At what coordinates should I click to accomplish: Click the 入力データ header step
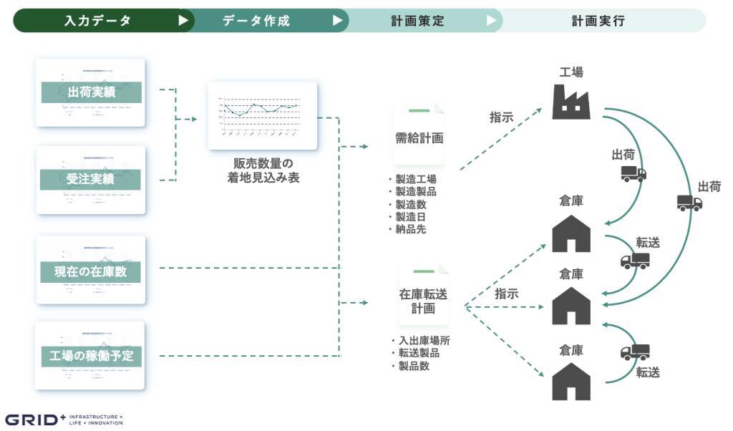pos(96,21)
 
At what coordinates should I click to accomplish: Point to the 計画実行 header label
pos(598,21)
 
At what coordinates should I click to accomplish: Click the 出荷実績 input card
pos(90,92)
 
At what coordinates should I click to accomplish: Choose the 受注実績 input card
pos(90,179)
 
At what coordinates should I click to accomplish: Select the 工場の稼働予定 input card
pos(90,355)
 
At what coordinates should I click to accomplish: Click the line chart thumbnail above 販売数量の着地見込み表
pos(262,116)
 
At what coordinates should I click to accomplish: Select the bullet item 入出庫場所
pos(423,341)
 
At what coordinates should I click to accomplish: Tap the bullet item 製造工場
pos(414,179)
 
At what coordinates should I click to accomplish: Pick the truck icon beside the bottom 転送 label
pos(635,352)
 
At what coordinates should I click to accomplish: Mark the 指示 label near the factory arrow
pos(501,118)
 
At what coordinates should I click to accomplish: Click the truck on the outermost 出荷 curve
pos(689,203)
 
